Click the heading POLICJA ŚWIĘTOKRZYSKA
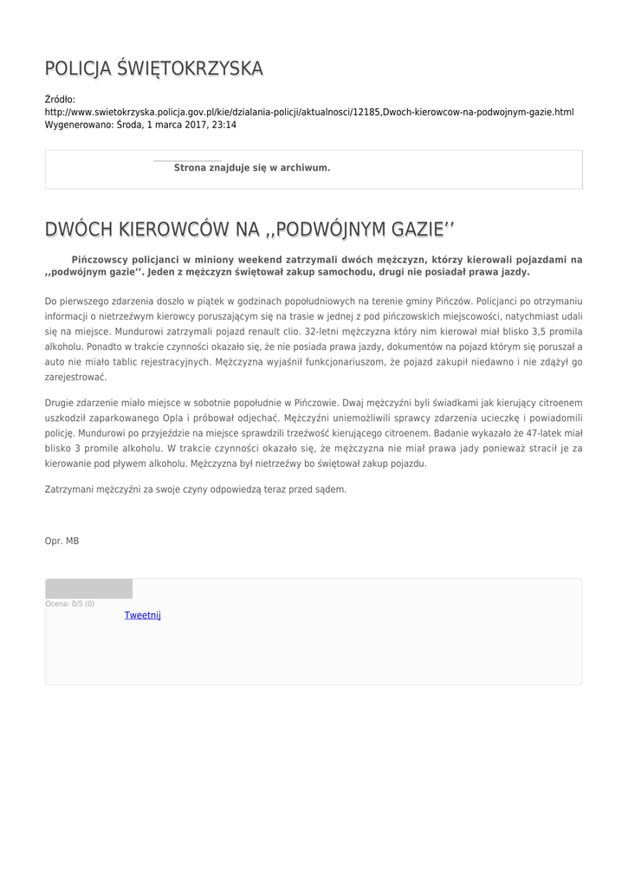tap(153, 68)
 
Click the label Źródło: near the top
tap(60, 100)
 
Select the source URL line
tap(308, 113)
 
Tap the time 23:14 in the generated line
tap(224, 125)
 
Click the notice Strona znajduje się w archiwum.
tap(252, 167)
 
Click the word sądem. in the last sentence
tap(330, 489)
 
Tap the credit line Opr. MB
tap(62, 541)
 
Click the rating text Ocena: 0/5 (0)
tap(70, 604)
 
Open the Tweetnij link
tap(143, 615)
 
